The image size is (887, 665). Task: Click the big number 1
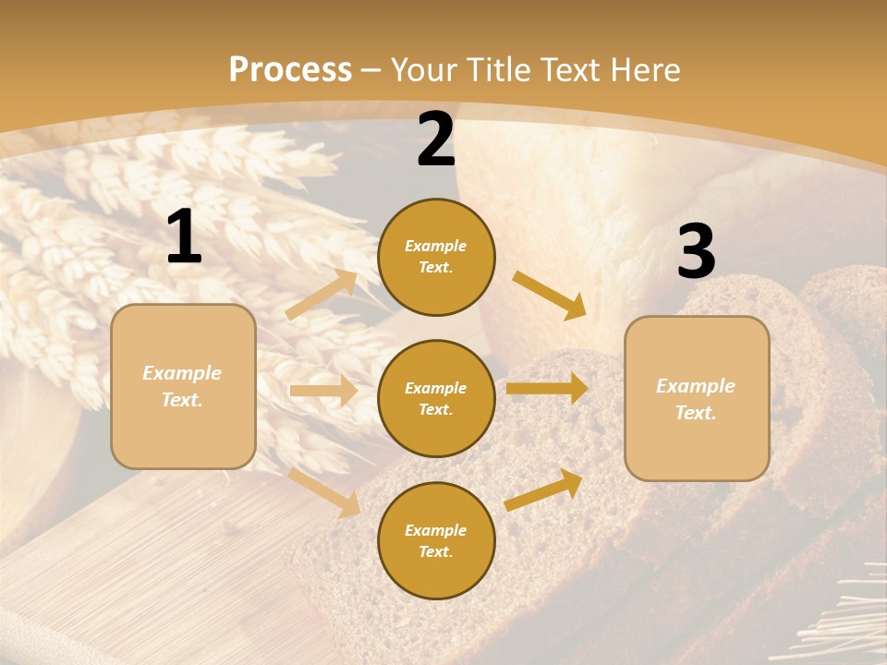click(184, 237)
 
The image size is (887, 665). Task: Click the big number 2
click(436, 140)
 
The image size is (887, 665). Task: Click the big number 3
click(696, 252)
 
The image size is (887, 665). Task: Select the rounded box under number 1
click(183, 386)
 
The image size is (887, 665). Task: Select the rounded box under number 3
click(697, 399)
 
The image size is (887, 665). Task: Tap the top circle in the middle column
click(436, 257)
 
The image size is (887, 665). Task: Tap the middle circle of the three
click(436, 398)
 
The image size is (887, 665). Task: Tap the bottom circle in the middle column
click(436, 540)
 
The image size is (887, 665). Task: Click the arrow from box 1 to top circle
click(322, 295)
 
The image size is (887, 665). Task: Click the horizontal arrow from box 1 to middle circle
click(323, 391)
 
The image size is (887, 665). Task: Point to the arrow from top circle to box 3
click(550, 295)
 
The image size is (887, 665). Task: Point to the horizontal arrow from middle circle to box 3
click(547, 389)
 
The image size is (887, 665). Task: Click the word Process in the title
click(290, 69)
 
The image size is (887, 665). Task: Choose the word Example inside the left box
click(182, 373)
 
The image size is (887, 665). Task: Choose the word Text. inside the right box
click(696, 413)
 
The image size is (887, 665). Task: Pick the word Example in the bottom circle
click(435, 530)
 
